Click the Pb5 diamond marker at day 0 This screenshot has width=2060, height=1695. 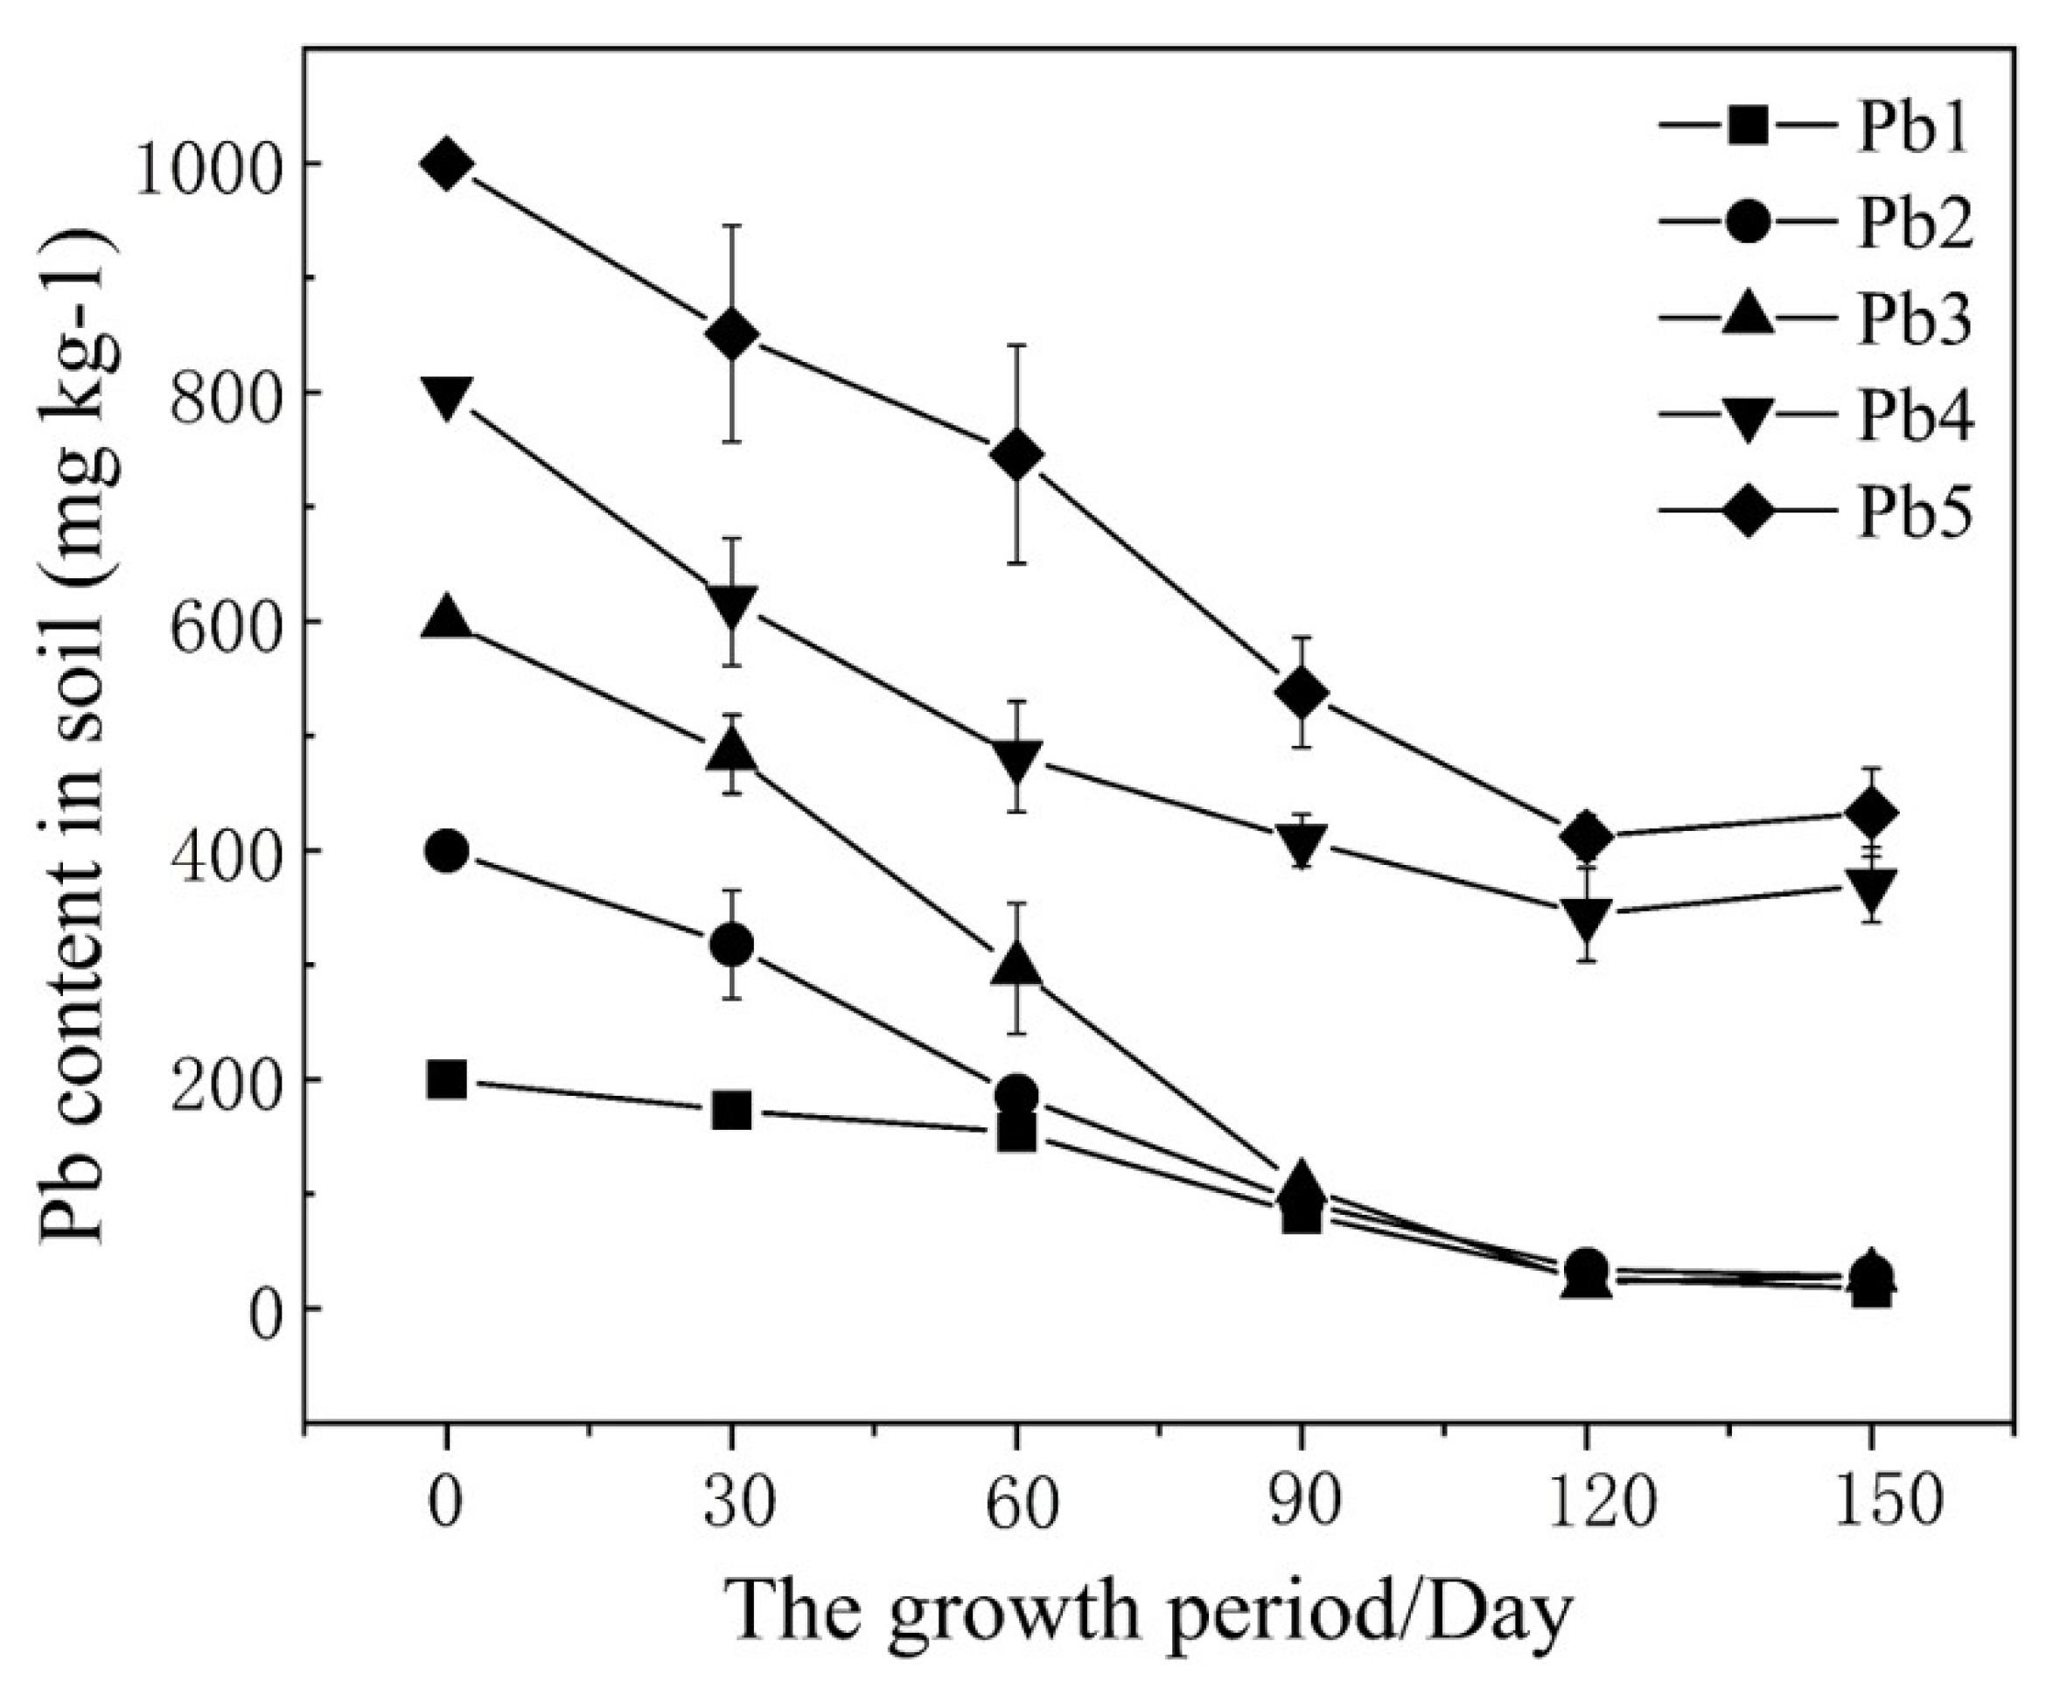[x=447, y=164]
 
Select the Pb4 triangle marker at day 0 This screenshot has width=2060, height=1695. [x=447, y=395]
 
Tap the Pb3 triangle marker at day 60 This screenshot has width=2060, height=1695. [x=1016, y=965]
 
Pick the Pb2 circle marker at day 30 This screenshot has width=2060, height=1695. [x=732, y=945]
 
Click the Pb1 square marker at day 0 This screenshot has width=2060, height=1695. [x=447, y=1080]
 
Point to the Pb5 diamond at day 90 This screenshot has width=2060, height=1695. [x=1302, y=692]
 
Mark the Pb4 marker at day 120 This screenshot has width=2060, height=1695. [x=1586, y=915]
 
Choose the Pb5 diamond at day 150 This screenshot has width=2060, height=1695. [x=1870, y=813]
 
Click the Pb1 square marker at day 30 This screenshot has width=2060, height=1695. [x=732, y=1110]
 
